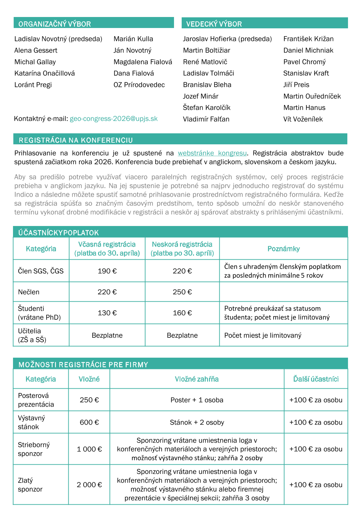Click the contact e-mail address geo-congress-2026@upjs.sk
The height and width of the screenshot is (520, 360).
[x=114, y=119]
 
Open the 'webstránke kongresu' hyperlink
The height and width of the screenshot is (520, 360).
[x=212, y=153]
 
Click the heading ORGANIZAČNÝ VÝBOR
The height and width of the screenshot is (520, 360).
[x=55, y=24]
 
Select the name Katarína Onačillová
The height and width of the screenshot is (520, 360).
[x=45, y=73]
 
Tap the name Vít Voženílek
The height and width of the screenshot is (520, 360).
[x=303, y=119]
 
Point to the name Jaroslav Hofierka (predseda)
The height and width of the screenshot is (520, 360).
[x=227, y=39]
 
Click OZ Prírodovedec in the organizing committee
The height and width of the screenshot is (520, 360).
[x=139, y=85]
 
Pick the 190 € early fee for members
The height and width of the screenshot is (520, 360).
[x=107, y=271]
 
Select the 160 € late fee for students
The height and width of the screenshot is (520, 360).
[x=182, y=313]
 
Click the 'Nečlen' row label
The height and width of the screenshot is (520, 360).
[x=29, y=292]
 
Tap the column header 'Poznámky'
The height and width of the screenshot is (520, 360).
[x=283, y=249]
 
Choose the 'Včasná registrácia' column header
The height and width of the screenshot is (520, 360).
[x=107, y=249]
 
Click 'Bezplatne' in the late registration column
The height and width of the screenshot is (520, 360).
[x=182, y=335]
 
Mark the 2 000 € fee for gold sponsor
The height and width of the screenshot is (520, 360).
[x=89, y=485]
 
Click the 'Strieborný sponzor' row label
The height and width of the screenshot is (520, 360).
[x=34, y=449]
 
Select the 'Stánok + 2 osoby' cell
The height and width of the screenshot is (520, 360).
[x=197, y=422]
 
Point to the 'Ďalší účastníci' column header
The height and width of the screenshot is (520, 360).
[x=316, y=379]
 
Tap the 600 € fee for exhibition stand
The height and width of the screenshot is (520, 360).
[x=89, y=422]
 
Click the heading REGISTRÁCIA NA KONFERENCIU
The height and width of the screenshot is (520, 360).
[x=76, y=140]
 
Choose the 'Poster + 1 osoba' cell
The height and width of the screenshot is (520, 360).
[x=197, y=400]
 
